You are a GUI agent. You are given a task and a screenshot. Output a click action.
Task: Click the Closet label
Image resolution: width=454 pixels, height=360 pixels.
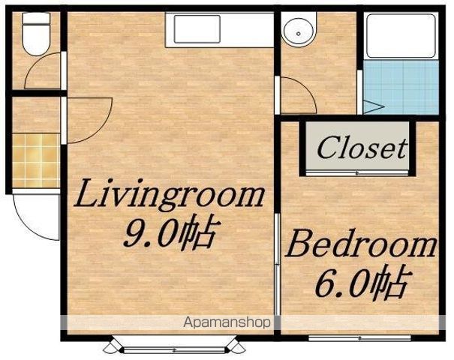pyautogui.click(x=362, y=148)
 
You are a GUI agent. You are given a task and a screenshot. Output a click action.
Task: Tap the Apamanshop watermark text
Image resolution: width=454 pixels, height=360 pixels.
pyautogui.click(x=227, y=322)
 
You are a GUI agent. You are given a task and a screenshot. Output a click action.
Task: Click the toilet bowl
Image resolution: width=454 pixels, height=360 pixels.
pyautogui.click(x=36, y=40)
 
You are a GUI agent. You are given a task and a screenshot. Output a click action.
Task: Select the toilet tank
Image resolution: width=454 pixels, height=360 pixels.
pyautogui.click(x=36, y=18)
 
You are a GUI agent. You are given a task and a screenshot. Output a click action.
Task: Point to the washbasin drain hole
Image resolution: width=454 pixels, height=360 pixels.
pyautogui.click(x=298, y=34)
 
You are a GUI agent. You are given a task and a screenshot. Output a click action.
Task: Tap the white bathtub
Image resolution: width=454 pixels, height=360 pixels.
pyautogui.click(x=401, y=36)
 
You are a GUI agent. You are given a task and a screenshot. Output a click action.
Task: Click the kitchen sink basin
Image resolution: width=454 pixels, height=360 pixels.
pyautogui.click(x=197, y=29)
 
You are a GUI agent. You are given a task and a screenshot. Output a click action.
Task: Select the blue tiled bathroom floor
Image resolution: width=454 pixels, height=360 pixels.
pyautogui.click(x=401, y=87)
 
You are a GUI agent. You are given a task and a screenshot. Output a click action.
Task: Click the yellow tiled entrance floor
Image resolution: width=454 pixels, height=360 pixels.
pyautogui.click(x=36, y=160)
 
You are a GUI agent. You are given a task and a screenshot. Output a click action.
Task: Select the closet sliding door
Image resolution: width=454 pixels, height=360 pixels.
pyautogui.click(x=357, y=173)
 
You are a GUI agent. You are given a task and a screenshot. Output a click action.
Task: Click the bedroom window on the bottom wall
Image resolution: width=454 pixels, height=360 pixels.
pyautogui.click(x=359, y=338)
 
